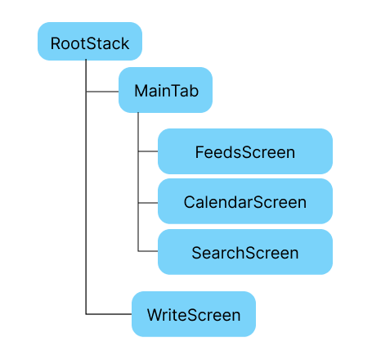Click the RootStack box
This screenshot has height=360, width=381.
point(90,43)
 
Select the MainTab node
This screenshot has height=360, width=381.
point(166,91)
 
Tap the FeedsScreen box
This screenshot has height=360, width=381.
point(244,152)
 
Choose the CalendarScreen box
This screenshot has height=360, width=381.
point(244,202)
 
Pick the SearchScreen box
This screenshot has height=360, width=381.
point(244,252)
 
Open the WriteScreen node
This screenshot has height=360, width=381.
point(194,314)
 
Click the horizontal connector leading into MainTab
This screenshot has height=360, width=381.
point(102,91)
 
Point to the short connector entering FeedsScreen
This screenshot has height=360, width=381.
point(148,152)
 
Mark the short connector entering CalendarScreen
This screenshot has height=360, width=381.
point(148,202)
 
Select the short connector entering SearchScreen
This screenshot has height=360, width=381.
point(148,252)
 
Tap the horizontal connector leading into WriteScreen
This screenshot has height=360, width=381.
point(109,314)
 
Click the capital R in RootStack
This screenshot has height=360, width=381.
point(56,43)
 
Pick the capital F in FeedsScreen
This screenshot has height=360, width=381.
point(199,152)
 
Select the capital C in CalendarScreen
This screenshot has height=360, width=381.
point(190,202)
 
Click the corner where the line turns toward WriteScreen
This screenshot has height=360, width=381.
point(86,314)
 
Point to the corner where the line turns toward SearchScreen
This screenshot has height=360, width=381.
point(138,252)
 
